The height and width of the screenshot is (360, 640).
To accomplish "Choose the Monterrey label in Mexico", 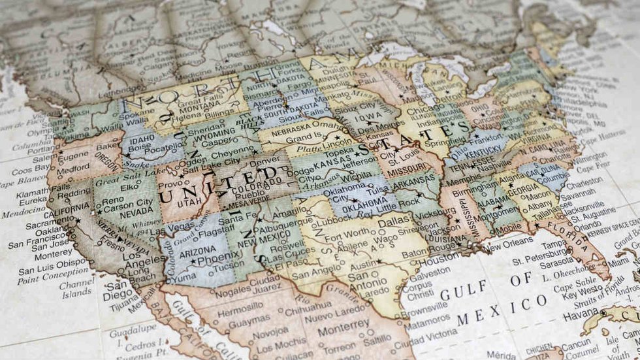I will [343, 324].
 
